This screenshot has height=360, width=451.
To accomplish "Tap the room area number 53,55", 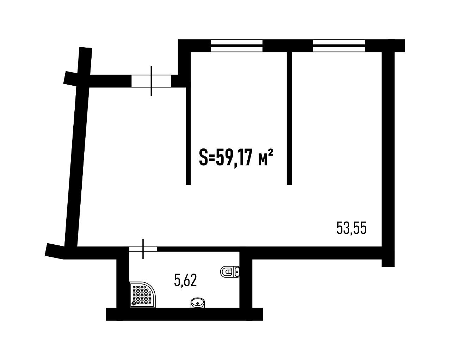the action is click(x=351, y=228).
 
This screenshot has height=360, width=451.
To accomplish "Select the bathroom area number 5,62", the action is click(x=185, y=280).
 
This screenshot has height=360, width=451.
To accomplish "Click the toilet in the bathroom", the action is click(x=230, y=272).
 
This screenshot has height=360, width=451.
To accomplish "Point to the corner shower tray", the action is click(x=142, y=294).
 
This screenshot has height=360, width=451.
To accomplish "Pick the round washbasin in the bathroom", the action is click(x=198, y=303).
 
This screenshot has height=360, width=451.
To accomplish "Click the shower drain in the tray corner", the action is click(x=134, y=303).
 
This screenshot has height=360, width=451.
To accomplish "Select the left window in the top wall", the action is click(x=236, y=45).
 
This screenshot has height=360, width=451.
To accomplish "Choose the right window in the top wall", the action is click(x=339, y=45).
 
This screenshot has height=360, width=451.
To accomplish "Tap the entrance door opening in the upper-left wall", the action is click(x=151, y=81).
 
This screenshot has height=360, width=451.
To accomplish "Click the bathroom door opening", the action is click(x=143, y=249).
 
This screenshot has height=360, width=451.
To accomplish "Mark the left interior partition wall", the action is click(x=188, y=136).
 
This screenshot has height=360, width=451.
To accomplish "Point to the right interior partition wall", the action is click(x=289, y=118).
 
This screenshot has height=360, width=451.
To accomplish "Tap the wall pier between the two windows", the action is click(x=288, y=45).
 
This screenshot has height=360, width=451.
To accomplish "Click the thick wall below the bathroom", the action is click(x=184, y=314).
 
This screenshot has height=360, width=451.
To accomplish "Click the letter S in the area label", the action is click(x=203, y=158).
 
